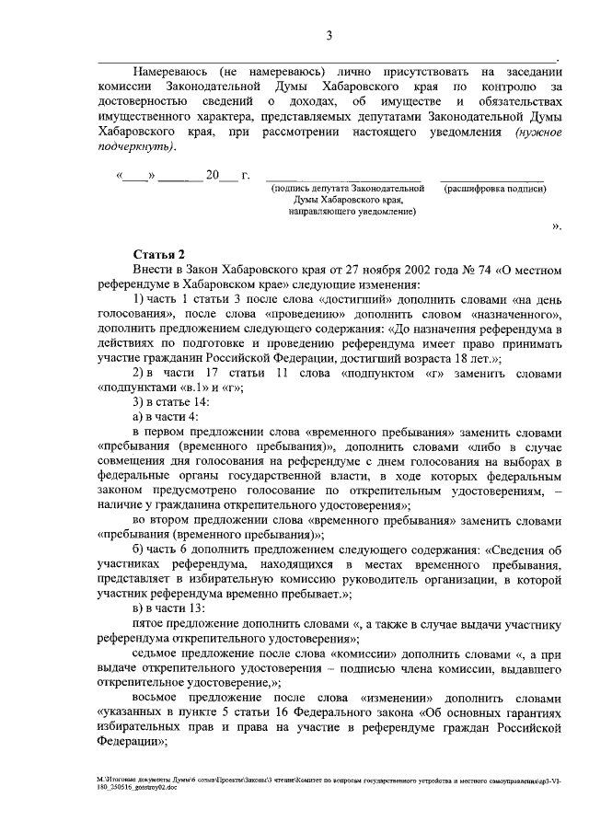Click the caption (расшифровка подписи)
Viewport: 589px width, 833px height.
495,188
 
